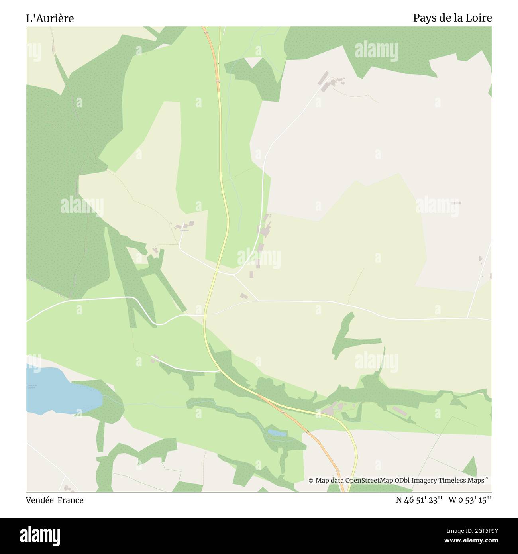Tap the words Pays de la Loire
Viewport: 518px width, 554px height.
(x=452, y=18)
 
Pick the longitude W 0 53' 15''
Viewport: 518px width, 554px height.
(x=470, y=500)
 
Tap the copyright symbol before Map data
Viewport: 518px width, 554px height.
(x=311, y=481)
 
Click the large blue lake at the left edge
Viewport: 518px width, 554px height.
(x=60, y=391)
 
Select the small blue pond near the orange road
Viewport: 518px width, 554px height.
(x=277, y=432)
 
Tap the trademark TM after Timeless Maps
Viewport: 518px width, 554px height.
(x=486, y=478)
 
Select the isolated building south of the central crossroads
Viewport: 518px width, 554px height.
(x=243, y=296)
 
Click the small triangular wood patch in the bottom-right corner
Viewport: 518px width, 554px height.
(x=471, y=468)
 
